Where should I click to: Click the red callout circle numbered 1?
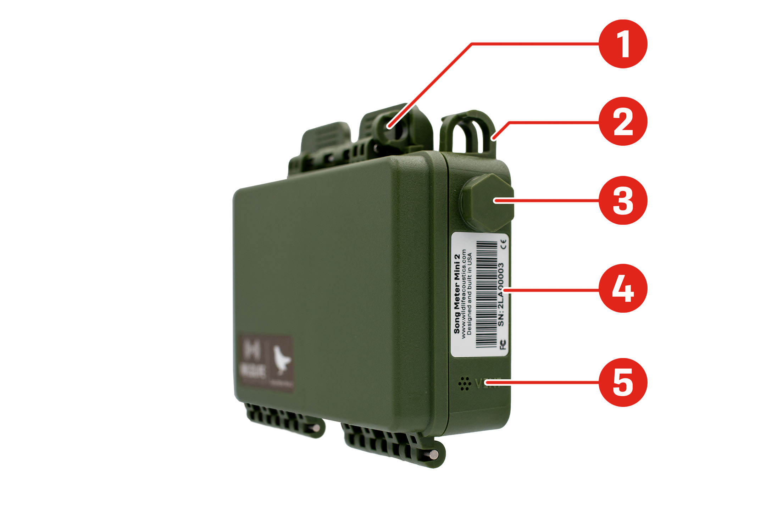pos(623,44)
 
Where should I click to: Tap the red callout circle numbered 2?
pos(623,121)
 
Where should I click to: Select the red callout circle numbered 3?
pos(623,200)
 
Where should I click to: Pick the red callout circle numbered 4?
pos(623,288)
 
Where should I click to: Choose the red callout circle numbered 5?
pos(623,382)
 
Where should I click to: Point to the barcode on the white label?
pos(486,294)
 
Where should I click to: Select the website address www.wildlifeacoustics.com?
pos(464,294)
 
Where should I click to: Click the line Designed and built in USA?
pos(470,294)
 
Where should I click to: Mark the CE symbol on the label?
pos(504,244)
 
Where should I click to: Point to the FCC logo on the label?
pos(503,344)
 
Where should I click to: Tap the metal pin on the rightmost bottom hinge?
pos(434,454)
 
